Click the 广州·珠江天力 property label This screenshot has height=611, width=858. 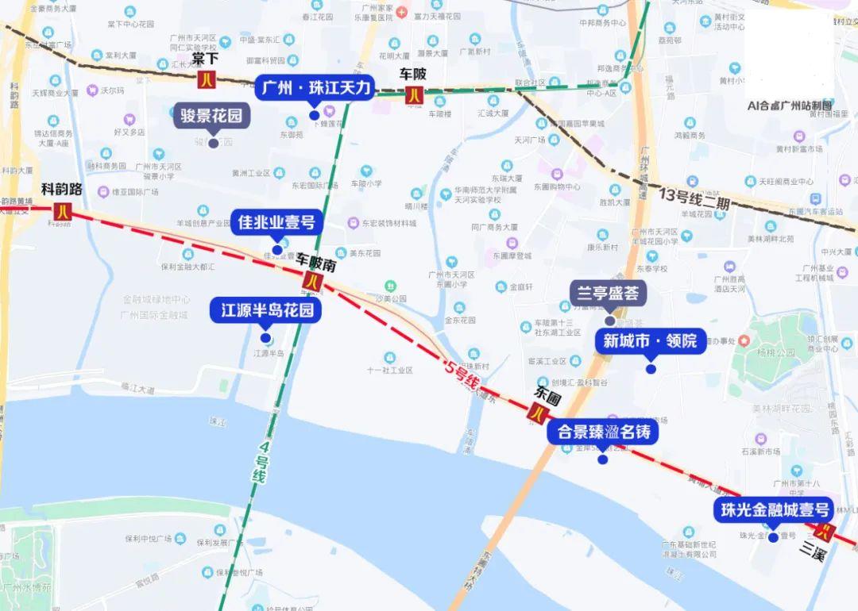pyautogui.click(x=314, y=88)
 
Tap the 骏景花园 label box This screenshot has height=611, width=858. pyautogui.click(x=211, y=116)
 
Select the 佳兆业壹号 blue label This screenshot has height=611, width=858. pyautogui.click(x=276, y=222)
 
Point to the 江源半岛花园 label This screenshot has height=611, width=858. pyautogui.click(x=266, y=310)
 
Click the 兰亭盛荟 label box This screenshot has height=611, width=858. pyautogui.click(x=609, y=293)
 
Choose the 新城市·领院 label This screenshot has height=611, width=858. pyautogui.click(x=650, y=341)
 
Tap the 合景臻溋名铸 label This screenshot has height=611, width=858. pyautogui.click(x=603, y=432)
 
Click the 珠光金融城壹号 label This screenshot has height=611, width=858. pyautogui.click(x=773, y=510)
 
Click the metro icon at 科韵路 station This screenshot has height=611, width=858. pyautogui.click(x=63, y=211)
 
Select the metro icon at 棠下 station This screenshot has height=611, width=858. pyautogui.click(x=207, y=79)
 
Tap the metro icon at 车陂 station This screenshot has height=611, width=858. pyautogui.click(x=414, y=95)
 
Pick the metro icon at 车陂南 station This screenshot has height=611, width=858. pyautogui.click(x=311, y=279)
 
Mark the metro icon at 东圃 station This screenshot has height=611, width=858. pyautogui.click(x=540, y=413)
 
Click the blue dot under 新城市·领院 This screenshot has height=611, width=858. pyautogui.click(x=651, y=368)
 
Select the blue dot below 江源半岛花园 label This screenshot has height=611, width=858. pyautogui.click(x=265, y=337)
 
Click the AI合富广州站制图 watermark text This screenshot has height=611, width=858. pyautogui.click(x=789, y=105)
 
